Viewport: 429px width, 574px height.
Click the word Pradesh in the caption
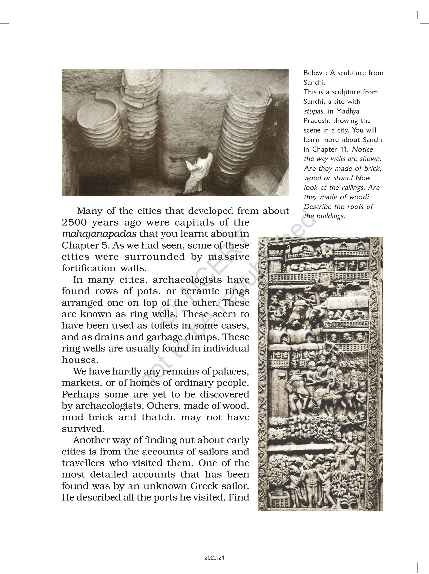(x=316, y=120)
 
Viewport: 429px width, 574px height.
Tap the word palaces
(x=231, y=372)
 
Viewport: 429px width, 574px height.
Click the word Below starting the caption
(x=313, y=73)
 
